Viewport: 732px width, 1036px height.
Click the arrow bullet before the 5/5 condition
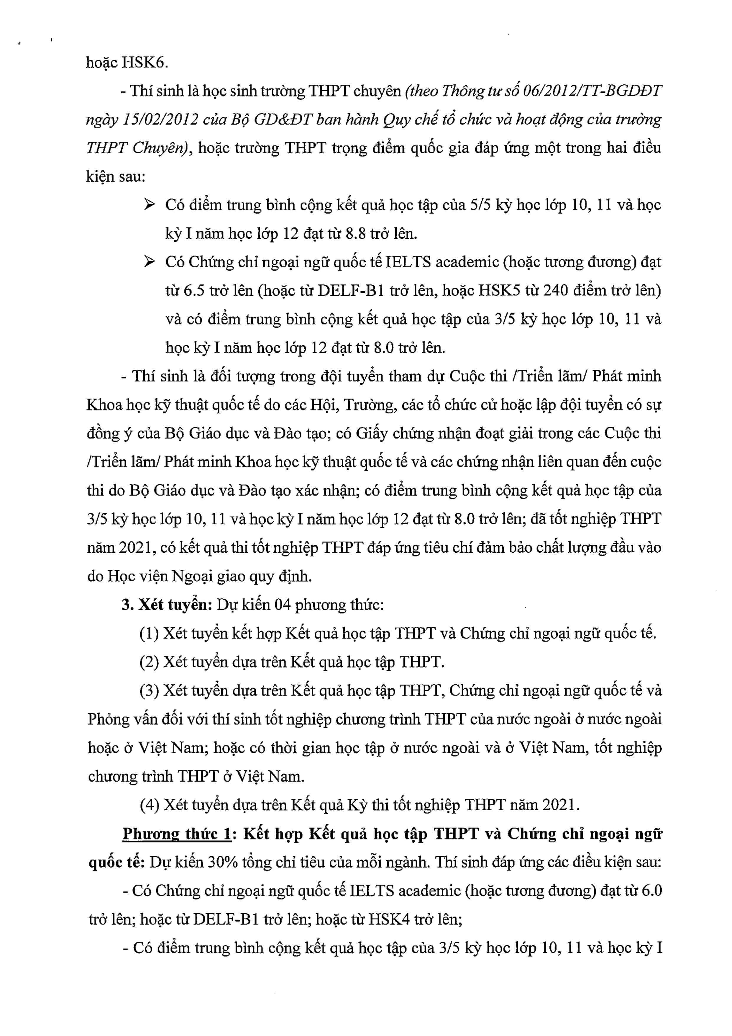coord(149,205)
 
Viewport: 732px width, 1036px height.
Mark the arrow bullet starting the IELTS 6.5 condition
coord(149,262)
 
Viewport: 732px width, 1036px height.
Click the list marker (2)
coord(149,662)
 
